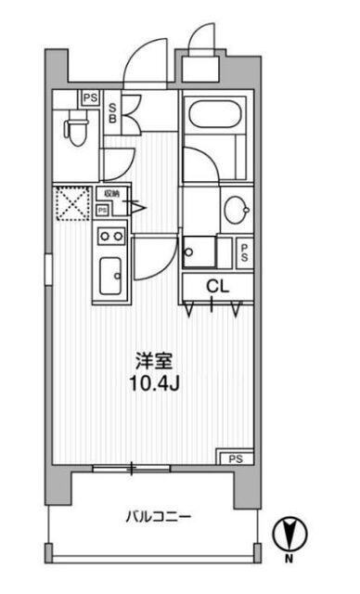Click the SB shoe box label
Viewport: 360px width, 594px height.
click(x=112, y=114)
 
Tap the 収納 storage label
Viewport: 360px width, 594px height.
click(x=111, y=193)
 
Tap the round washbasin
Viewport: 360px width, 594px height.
click(x=237, y=209)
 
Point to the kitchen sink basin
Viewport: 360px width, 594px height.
click(x=111, y=274)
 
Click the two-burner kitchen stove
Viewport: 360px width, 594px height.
click(x=111, y=236)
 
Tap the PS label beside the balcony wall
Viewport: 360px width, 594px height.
click(x=237, y=458)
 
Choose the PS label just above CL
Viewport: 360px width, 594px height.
click(x=244, y=252)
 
